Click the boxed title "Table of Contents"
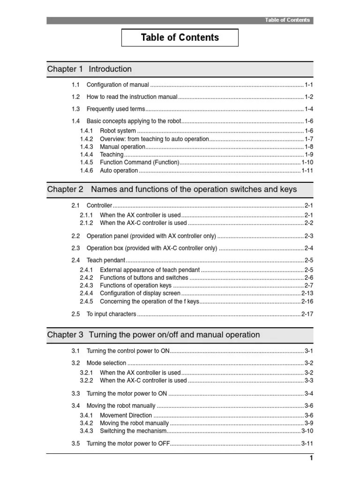[x=180, y=37]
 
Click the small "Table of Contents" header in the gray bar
[x=287, y=20]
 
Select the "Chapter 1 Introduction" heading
[x=90, y=69]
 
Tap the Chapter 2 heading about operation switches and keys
[x=172, y=190]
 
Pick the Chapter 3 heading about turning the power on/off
[x=153, y=335]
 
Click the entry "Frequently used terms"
[x=116, y=109]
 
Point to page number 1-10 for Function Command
[x=307, y=163]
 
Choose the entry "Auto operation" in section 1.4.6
[x=119, y=171]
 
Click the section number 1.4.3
[x=86, y=147]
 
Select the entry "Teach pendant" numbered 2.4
[x=106, y=260]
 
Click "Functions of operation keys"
[x=136, y=285]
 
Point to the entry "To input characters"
[x=112, y=314]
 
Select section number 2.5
[x=76, y=314]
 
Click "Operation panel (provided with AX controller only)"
[x=151, y=236]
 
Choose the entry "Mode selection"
[x=106, y=363]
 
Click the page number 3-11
[x=307, y=443]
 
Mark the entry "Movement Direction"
[x=126, y=415]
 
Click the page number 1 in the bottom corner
[x=310, y=458]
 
